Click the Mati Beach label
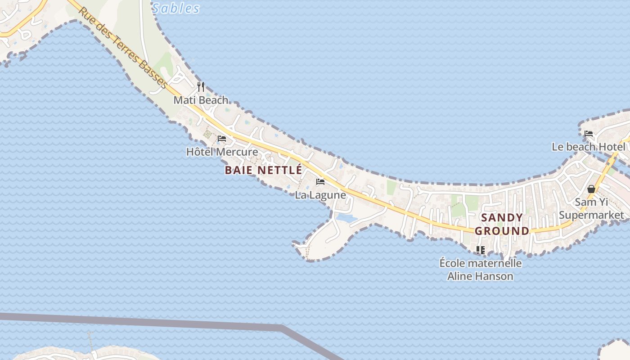coord(201,100)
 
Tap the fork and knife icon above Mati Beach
coord(201,86)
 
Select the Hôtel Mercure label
coord(222,152)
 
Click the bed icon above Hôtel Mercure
coord(222,138)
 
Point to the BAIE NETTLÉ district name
coord(263,170)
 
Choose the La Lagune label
coord(320,195)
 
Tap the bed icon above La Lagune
coord(320,182)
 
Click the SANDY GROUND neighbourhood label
coord(502,224)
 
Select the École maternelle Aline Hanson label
coord(480,269)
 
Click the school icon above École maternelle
coord(481,250)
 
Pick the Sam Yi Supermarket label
coord(591,208)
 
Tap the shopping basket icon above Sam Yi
coord(591,189)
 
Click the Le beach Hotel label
coord(589,147)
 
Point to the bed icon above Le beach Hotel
coord(589,134)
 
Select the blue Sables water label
coord(175,8)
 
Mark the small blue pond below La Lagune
coord(346,218)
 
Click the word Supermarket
coord(591,215)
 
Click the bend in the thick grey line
coord(282,327)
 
